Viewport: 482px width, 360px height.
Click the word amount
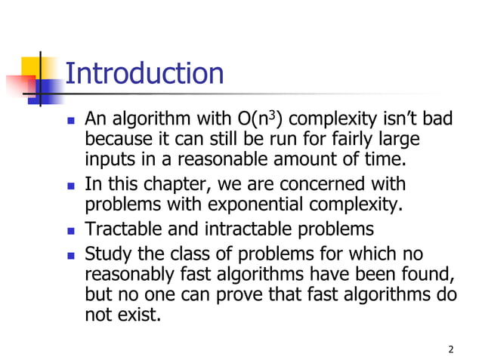tap(307, 159)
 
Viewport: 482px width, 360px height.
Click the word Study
tap(107, 254)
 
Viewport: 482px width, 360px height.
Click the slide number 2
tap(451, 349)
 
